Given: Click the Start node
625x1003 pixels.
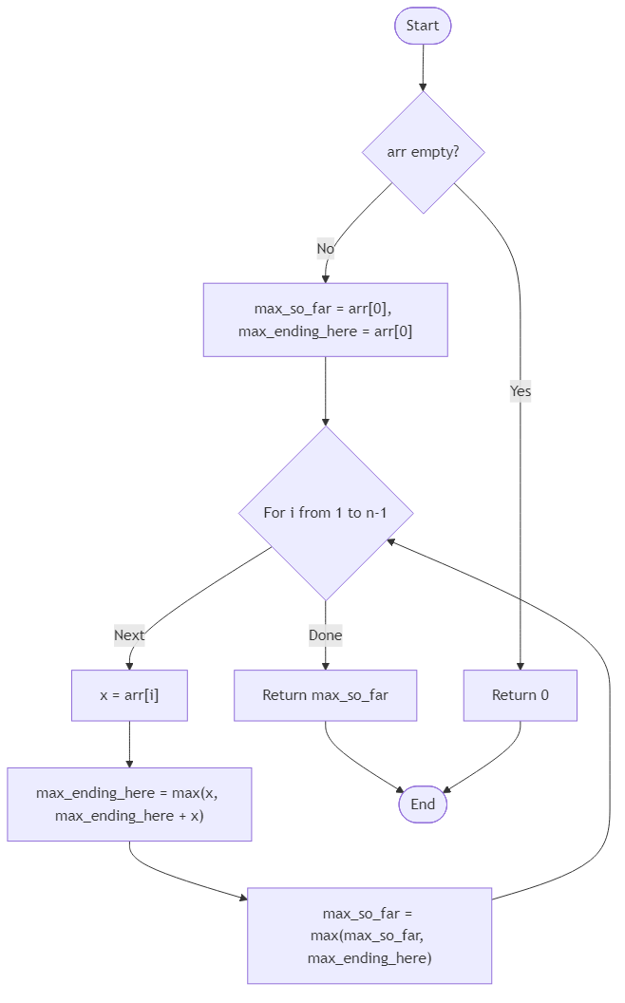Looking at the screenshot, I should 423,26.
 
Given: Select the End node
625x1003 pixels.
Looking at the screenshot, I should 423,804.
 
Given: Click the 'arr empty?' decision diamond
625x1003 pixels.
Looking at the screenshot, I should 423,152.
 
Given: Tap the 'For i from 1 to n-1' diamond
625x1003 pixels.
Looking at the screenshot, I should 326,513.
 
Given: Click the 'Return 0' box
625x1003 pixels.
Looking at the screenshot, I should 520,695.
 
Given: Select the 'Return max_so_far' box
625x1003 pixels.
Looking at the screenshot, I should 326,695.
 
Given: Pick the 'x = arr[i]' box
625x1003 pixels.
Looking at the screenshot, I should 129,695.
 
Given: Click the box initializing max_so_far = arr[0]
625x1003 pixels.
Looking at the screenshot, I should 325,320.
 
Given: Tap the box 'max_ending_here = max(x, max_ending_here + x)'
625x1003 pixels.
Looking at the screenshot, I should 129,804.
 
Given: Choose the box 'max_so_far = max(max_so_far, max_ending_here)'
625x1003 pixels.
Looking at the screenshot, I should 369,936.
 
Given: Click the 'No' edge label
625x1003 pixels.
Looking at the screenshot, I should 326,249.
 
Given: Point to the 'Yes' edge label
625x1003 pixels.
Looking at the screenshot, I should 521,390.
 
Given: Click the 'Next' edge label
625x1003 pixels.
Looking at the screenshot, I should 129,635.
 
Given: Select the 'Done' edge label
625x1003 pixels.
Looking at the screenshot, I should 325,635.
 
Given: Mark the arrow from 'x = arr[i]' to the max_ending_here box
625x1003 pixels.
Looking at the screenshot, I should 129,744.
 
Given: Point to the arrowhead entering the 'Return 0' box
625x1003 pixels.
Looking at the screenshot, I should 521,665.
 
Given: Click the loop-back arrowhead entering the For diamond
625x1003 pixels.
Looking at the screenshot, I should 390,540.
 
